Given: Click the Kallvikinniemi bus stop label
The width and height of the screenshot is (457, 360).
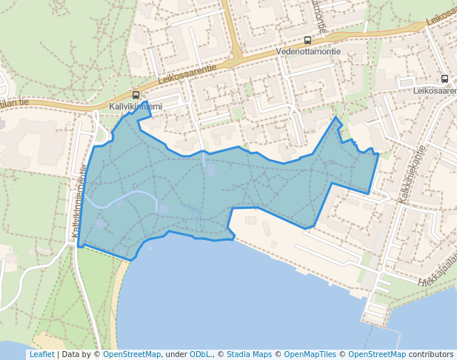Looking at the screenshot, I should (136, 107).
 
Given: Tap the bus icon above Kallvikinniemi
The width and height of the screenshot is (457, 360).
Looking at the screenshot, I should (136, 95).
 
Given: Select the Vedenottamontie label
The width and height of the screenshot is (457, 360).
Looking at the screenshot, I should (307, 52).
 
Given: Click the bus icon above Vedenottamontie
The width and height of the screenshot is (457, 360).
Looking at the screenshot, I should (307, 40).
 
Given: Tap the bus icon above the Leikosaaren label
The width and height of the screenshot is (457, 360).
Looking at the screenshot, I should (444, 79).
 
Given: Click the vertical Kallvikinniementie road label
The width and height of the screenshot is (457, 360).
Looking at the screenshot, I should (79, 202).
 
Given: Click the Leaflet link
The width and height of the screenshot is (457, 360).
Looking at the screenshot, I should (41, 355).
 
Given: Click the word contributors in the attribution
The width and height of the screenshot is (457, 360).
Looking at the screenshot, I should (431, 355).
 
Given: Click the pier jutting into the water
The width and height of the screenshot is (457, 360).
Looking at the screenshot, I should (376, 312).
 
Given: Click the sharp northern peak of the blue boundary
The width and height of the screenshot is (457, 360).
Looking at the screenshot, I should (337, 118).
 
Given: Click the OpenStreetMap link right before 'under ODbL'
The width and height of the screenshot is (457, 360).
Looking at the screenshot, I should (132, 355).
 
